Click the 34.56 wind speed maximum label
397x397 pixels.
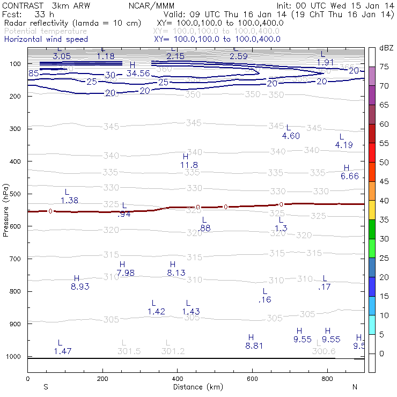(138, 73)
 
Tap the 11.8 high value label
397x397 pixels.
(189, 165)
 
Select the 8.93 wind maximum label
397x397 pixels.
(80, 286)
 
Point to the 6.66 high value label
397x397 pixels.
(349, 177)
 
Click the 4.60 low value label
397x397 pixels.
(291, 136)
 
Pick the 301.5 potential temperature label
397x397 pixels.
(129, 351)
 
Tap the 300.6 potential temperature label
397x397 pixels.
(324, 351)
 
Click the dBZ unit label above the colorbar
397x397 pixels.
(386, 48)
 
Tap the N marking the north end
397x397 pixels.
(355, 387)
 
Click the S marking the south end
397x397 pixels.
(46, 387)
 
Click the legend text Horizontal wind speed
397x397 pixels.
(46, 39)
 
